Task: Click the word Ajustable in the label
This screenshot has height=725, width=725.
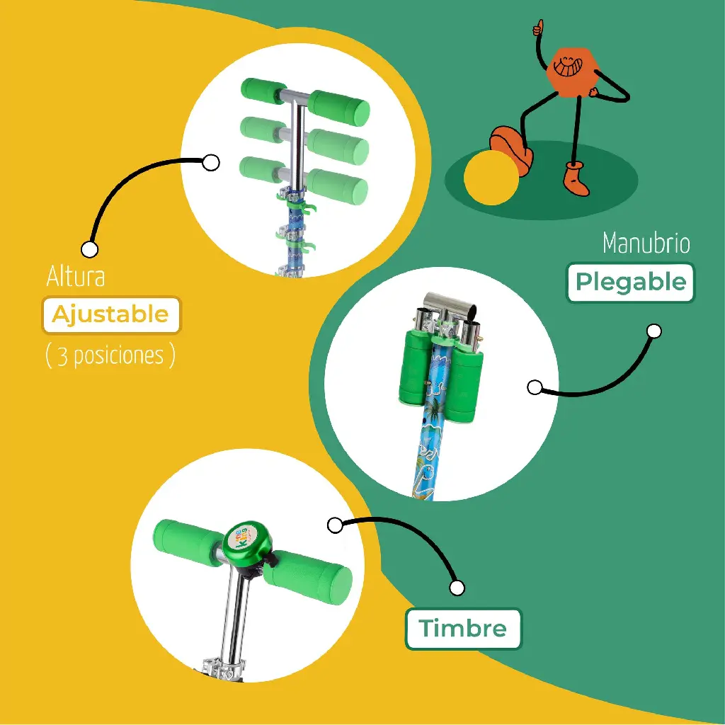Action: tap(110, 315)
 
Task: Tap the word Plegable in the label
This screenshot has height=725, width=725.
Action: tap(631, 282)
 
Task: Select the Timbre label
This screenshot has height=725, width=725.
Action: tap(463, 629)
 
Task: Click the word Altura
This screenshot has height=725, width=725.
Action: tap(76, 277)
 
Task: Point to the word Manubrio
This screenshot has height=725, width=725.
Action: tap(646, 243)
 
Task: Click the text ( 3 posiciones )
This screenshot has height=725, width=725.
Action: tap(110, 355)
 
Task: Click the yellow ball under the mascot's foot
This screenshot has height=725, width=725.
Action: tap(491, 177)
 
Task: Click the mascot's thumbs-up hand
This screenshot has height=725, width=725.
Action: tap(538, 28)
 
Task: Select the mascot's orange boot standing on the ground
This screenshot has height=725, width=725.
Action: tap(576, 178)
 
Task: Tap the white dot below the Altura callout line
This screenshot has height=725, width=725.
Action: tap(90, 249)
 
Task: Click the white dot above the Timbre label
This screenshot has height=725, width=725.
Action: tap(457, 588)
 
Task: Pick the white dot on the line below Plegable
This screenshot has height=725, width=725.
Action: tap(535, 387)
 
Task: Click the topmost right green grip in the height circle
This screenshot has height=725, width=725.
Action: tap(339, 108)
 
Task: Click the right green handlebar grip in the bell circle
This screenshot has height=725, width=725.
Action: tap(309, 578)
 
